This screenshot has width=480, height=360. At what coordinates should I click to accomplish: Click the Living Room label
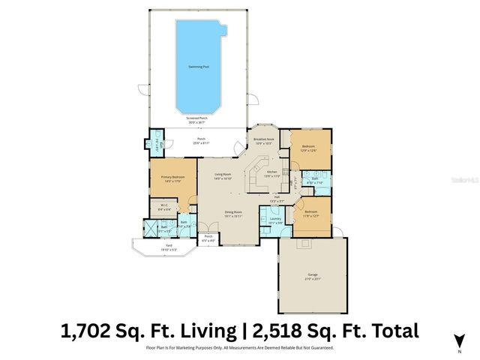click(222, 175)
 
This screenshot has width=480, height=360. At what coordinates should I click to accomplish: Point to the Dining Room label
click(232, 213)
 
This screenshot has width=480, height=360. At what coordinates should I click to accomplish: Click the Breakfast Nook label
click(264, 140)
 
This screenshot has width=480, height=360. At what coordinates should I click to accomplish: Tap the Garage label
click(312, 275)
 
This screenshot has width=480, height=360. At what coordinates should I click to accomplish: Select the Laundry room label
click(275, 219)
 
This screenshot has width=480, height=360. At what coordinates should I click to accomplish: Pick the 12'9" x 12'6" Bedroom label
click(308, 148)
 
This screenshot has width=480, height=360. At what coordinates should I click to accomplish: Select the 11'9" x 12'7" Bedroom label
click(311, 213)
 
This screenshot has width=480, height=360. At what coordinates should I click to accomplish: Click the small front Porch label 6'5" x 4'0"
click(208, 239)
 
